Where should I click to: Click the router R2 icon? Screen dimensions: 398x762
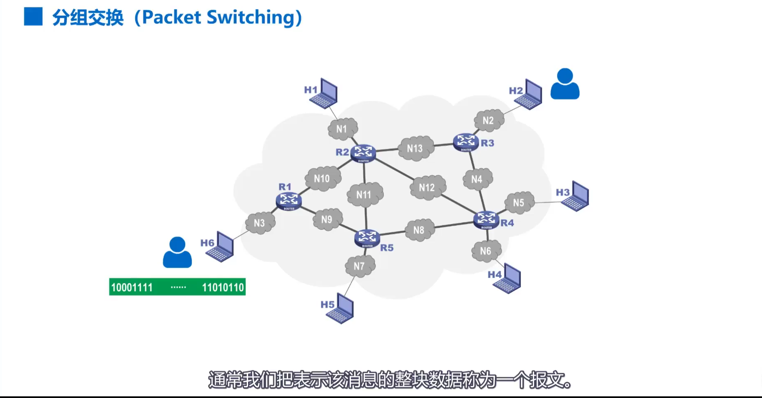click(363, 153)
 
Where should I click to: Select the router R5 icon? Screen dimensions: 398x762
click(367, 238)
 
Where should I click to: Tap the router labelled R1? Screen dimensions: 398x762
click(289, 201)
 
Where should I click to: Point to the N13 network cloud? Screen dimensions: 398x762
click(415, 148)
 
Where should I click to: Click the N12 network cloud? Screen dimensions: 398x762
click(427, 188)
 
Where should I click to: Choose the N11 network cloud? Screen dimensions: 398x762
click(364, 195)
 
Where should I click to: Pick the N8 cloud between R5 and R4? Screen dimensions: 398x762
click(419, 230)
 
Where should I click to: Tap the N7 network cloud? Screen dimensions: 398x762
click(360, 266)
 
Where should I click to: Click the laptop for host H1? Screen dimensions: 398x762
click(324, 93)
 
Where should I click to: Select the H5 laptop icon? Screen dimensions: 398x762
click(341, 309)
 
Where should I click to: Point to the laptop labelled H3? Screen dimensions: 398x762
click(575, 196)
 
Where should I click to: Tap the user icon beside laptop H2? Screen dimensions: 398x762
click(565, 84)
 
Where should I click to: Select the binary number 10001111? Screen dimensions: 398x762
click(132, 287)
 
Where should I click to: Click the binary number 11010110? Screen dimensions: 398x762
click(223, 287)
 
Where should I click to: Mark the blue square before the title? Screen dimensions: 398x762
click(33, 17)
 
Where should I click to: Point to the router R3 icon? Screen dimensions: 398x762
click(466, 142)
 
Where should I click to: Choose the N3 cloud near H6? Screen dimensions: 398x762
click(260, 223)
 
